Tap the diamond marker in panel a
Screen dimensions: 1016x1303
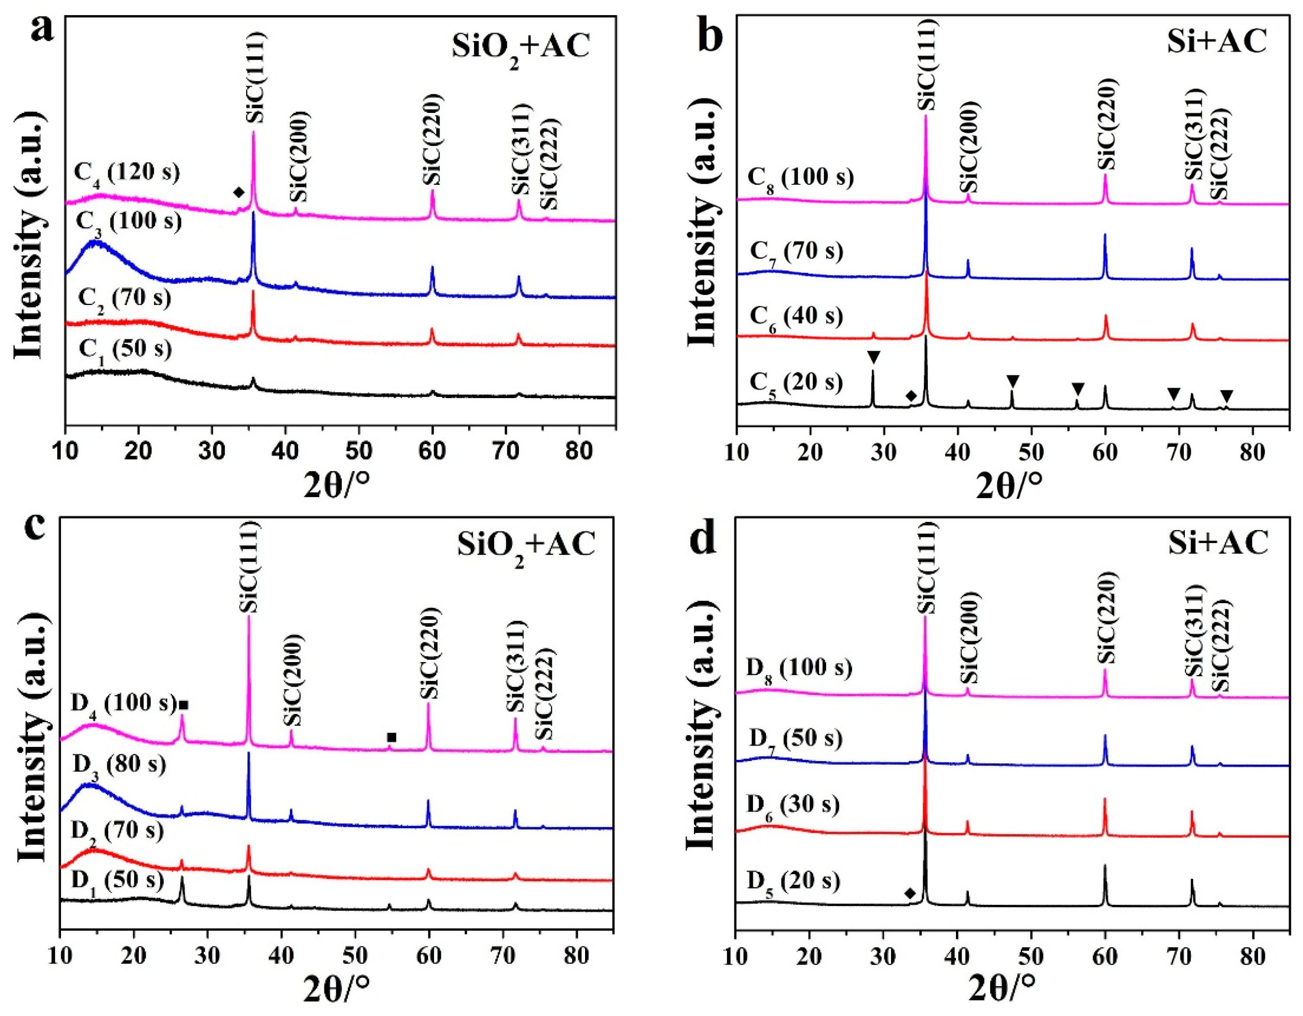238,192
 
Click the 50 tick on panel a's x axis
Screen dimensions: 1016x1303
359,452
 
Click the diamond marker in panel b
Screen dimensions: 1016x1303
911,396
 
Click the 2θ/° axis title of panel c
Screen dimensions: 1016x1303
336,991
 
